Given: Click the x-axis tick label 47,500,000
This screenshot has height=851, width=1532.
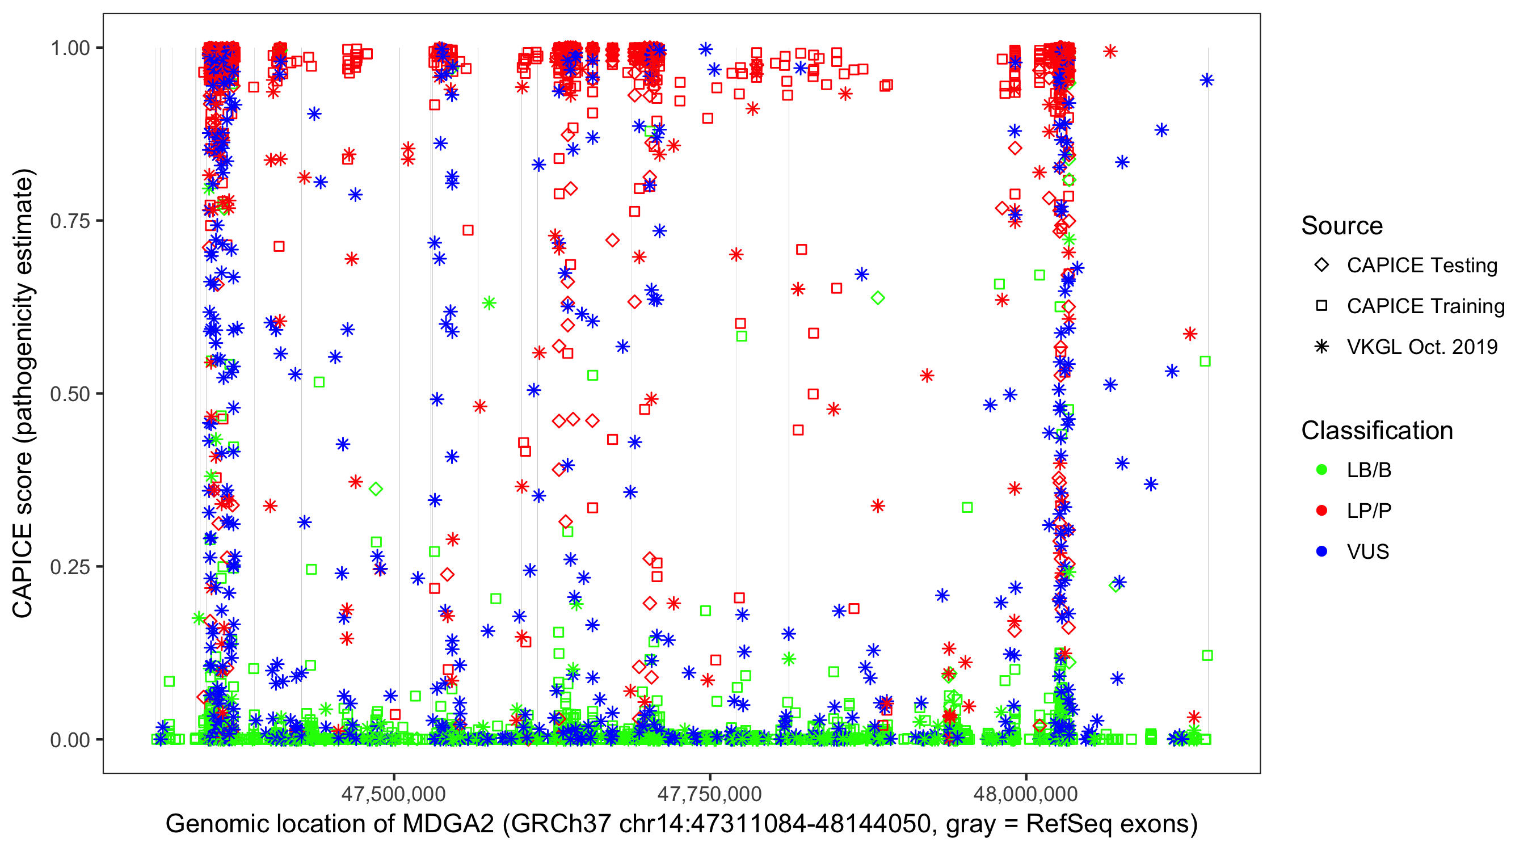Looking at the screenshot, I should coord(393,794).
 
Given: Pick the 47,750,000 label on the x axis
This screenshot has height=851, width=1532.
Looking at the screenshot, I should coord(709,794).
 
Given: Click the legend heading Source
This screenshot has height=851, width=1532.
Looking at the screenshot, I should coord(1342,226).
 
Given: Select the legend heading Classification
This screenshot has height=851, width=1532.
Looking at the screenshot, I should coord(1377,431).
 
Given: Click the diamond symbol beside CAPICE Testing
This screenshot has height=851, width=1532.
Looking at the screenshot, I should coord(1321,266).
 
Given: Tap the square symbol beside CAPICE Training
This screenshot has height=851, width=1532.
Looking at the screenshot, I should coord(1321,306).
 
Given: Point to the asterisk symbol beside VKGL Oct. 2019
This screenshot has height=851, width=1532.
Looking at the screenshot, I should coord(1321,347).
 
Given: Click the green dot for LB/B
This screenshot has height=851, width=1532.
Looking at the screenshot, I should coord(1321,470).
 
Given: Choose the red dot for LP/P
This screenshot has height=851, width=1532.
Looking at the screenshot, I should coord(1321,511).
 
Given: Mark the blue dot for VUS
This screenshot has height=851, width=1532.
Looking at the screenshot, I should coord(1321,551).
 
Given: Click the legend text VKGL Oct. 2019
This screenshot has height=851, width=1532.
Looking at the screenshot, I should coord(1422,347).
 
